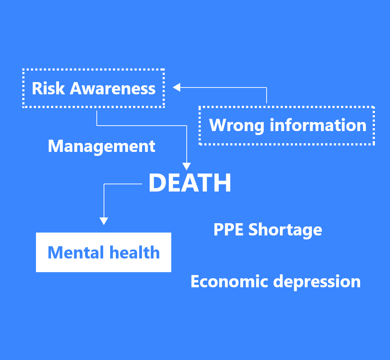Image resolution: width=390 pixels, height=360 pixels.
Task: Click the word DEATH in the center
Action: tap(190, 183)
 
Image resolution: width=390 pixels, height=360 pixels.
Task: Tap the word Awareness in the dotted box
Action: tap(113, 89)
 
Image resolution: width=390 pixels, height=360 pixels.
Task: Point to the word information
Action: tap(318, 125)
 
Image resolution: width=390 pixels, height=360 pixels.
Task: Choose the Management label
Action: tap(101, 147)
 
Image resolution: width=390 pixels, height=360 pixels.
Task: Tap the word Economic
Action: tap(229, 281)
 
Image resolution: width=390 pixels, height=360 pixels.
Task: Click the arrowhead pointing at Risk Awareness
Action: tap(176, 87)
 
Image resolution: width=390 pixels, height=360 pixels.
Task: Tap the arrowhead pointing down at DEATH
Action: tap(186, 166)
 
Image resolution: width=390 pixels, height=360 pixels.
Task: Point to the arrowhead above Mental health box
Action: tap(104, 221)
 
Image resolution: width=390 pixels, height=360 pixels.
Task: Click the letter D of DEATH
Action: tap(157, 183)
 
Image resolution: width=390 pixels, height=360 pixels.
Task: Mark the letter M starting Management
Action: tap(55, 146)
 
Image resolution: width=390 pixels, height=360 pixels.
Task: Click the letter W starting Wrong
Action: tap(218, 125)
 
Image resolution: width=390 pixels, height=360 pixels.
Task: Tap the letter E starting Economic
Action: tap(195, 281)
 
